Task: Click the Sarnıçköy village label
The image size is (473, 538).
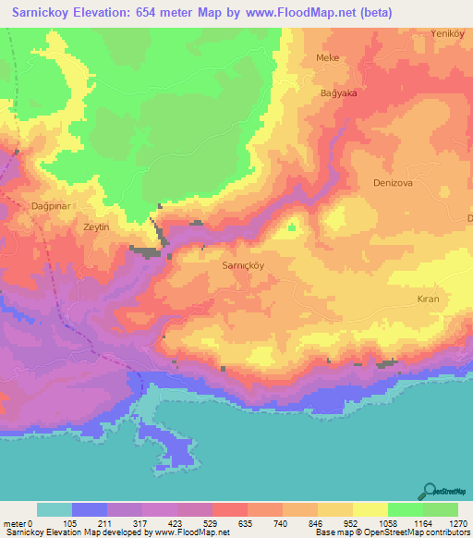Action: point(244,263)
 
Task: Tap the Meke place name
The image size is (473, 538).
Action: point(328,57)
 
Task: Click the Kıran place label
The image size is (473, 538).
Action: point(427,300)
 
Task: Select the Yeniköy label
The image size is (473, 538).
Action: point(446,33)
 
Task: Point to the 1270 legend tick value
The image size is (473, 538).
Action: point(457,522)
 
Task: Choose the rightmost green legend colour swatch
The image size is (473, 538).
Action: point(440,509)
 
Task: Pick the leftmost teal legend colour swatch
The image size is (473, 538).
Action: point(54,509)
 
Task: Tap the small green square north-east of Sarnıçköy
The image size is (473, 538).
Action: point(293,226)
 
